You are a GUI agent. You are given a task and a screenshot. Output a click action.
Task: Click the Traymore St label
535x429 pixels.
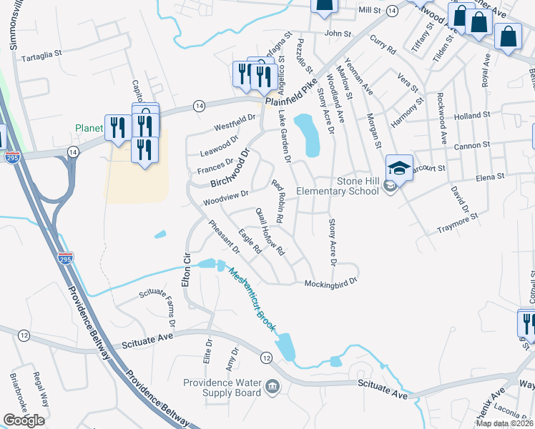click(x=457, y=223)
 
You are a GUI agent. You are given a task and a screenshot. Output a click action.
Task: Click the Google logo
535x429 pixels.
click(x=24, y=420)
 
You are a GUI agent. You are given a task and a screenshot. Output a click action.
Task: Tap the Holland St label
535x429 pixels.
click(x=471, y=115)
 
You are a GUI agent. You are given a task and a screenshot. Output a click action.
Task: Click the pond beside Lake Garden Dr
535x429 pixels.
click(x=308, y=134)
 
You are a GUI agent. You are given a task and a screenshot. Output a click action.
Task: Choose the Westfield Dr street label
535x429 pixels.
click(x=235, y=122)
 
